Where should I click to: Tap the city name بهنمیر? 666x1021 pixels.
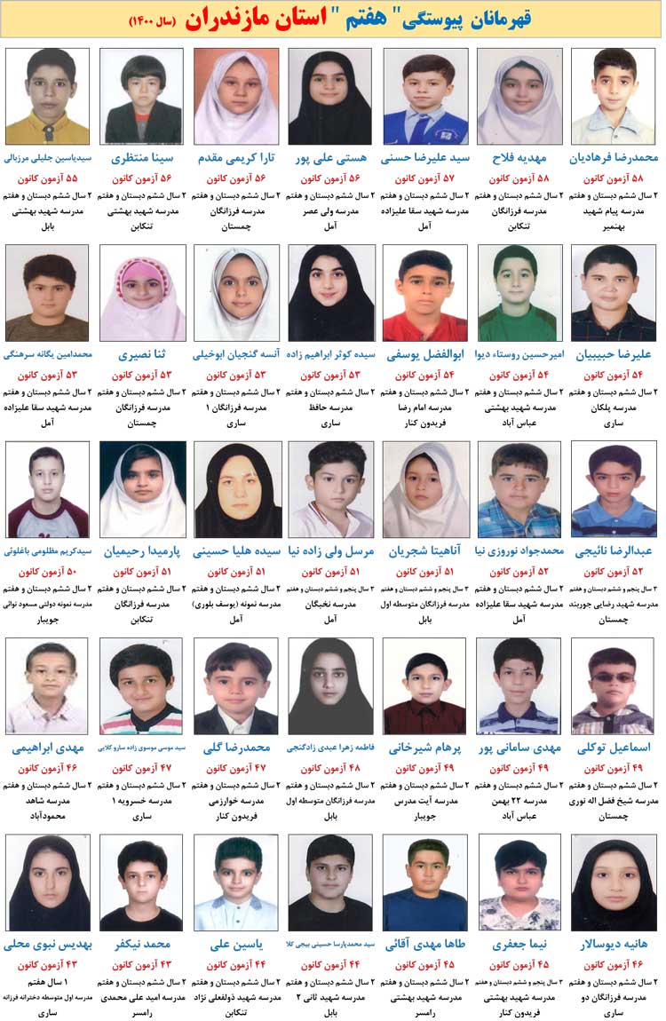(614, 226)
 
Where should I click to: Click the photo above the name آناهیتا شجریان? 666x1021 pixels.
(425, 489)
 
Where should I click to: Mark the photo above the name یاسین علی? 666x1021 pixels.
(235, 882)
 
